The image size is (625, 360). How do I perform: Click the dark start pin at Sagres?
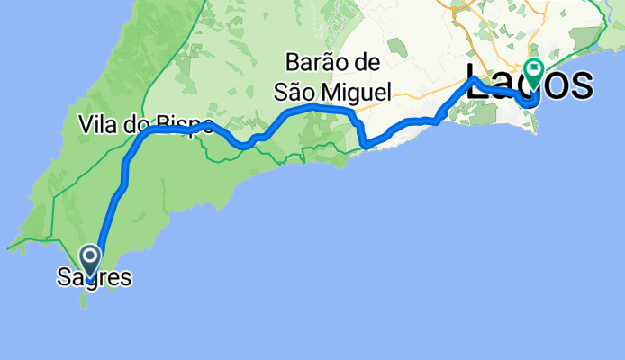pyautogui.click(x=91, y=259)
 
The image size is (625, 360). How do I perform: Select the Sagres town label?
pyautogui.click(x=94, y=278)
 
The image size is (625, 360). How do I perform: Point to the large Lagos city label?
pyautogui.click(x=530, y=83)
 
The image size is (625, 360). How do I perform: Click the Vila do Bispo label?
pyautogui.click(x=144, y=123)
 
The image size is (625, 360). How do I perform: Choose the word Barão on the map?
pyautogui.click(x=321, y=63)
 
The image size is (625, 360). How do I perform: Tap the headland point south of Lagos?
pyautogui.click(x=538, y=132)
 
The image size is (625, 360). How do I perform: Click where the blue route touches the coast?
pyautogui.click(x=365, y=145)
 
